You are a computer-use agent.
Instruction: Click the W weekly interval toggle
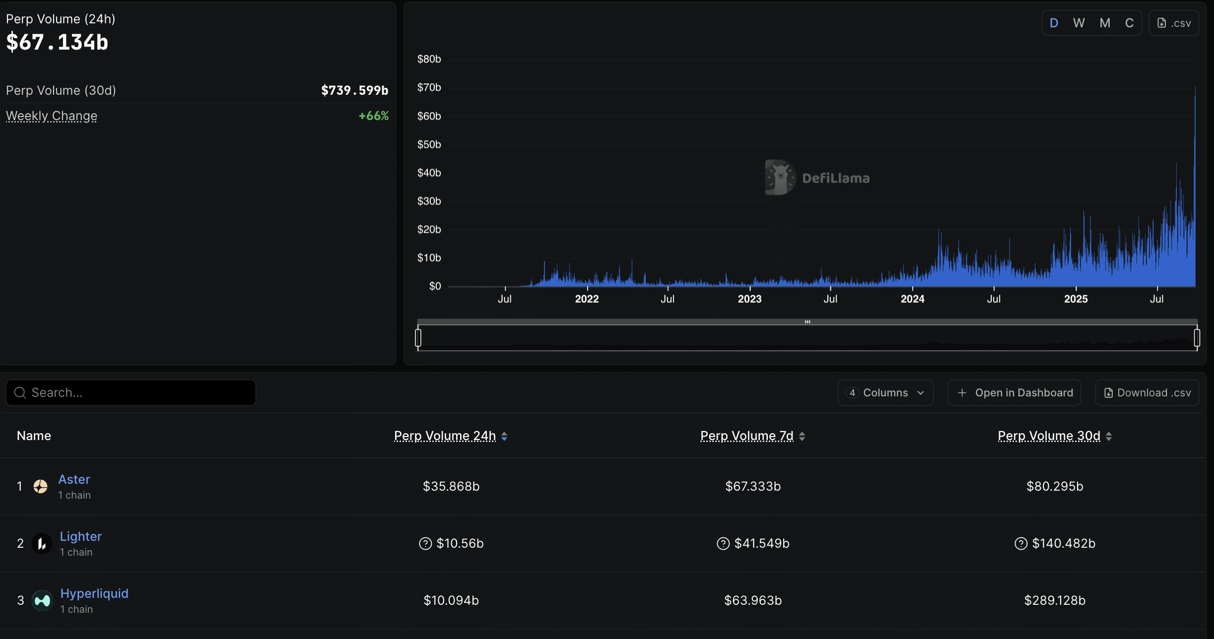[1079, 23]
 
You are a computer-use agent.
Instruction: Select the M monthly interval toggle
[1105, 23]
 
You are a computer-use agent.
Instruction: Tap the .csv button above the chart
[1174, 23]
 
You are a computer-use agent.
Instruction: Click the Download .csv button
[1147, 393]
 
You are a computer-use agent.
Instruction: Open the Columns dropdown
[885, 393]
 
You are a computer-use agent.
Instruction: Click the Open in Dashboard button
[1014, 393]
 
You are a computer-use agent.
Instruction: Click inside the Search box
[131, 393]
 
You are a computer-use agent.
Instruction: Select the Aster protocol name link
[74, 479]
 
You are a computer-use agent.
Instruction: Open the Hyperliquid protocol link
[94, 593]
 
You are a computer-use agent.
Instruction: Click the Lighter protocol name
[80, 536]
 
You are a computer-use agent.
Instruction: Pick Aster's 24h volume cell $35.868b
[451, 486]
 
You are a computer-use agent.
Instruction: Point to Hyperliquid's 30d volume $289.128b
[1055, 600]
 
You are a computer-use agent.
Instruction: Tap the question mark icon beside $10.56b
[425, 544]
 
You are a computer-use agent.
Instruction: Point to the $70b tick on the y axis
[429, 88]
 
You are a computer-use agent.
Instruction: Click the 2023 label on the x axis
[749, 299]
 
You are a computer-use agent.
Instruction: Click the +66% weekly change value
[373, 116]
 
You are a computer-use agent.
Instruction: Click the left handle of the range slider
[418, 338]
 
